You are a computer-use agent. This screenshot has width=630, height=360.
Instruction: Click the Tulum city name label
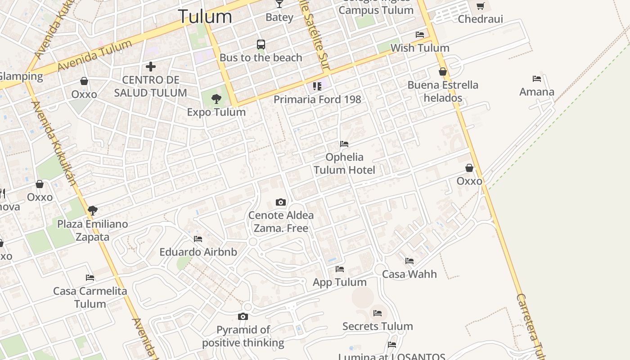click(x=205, y=17)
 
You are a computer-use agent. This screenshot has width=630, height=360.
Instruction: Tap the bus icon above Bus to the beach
click(x=261, y=45)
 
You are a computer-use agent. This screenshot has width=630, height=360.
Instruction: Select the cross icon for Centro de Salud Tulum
click(x=151, y=67)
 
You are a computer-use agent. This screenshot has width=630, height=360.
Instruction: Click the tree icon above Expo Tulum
click(x=216, y=99)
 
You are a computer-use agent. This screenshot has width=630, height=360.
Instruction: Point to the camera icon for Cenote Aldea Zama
click(x=281, y=202)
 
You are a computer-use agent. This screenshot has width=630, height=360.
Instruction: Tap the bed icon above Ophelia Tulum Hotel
click(x=344, y=144)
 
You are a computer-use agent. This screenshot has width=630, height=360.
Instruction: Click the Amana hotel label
click(x=536, y=92)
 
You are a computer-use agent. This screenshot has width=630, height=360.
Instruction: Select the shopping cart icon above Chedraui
click(x=480, y=6)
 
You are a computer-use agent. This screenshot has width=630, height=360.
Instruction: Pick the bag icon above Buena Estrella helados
click(x=443, y=72)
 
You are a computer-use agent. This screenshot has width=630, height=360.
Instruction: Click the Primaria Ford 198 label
click(x=317, y=99)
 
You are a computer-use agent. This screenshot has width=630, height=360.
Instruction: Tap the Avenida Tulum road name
click(x=94, y=55)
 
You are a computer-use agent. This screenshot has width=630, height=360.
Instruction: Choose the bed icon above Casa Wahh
click(x=409, y=261)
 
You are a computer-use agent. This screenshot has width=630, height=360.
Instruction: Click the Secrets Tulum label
click(x=378, y=326)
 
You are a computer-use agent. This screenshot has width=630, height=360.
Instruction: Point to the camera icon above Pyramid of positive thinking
click(x=243, y=317)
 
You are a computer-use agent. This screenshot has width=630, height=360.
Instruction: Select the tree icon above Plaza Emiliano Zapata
click(x=93, y=210)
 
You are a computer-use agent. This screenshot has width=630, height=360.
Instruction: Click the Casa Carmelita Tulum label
click(x=90, y=297)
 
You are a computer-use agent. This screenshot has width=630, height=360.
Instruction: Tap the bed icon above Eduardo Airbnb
click(x=198, y=239)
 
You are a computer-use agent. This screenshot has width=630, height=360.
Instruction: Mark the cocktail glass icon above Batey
click(x=279, y=4)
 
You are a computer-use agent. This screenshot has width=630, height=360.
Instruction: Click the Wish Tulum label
click(x=419, y=48)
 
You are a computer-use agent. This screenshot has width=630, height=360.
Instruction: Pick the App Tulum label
click(x=340, y=282)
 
